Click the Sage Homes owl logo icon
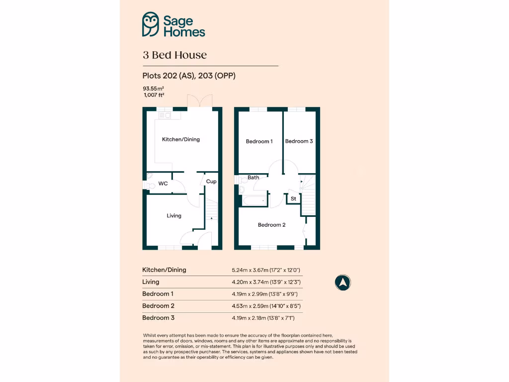(150, 25)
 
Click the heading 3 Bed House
(174, 55)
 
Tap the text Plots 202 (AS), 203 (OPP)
(188, 76)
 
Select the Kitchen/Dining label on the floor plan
(181, 139)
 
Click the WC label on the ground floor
(163, 184)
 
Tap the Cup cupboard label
(211, 182)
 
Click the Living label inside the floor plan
(174, 215)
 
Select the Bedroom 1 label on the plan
(259, 141)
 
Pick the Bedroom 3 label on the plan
(299, 141)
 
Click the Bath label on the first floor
(254, 177)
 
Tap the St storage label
(293, 199)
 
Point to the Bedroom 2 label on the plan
(271, 225)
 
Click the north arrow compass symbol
(342, 283)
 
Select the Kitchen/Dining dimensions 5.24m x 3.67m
(266, 270)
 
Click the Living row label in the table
(151, 282)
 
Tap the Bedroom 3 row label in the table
(158, 317)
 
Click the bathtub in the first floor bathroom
(254, 200)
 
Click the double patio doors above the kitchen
(197, 101)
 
